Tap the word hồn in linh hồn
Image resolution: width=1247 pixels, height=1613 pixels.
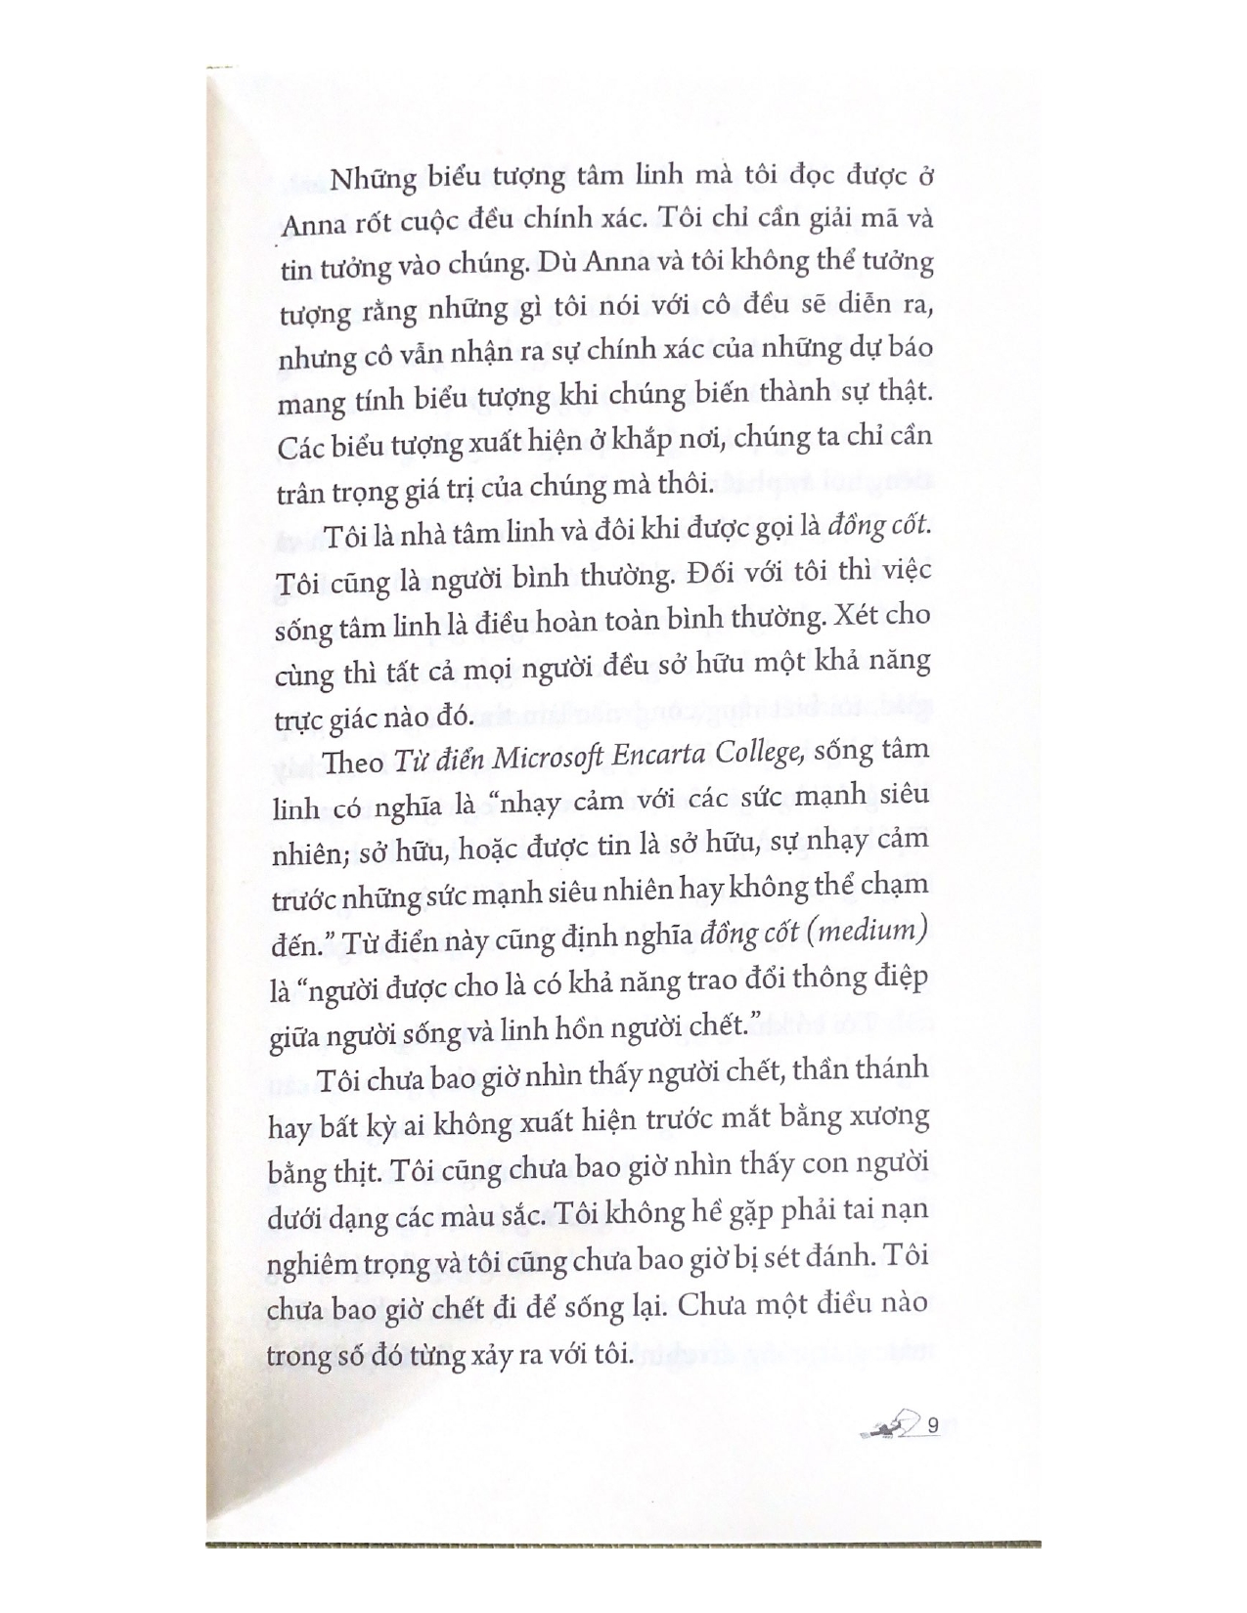point(534,1027)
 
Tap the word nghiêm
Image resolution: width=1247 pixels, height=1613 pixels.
point(317,1265)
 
